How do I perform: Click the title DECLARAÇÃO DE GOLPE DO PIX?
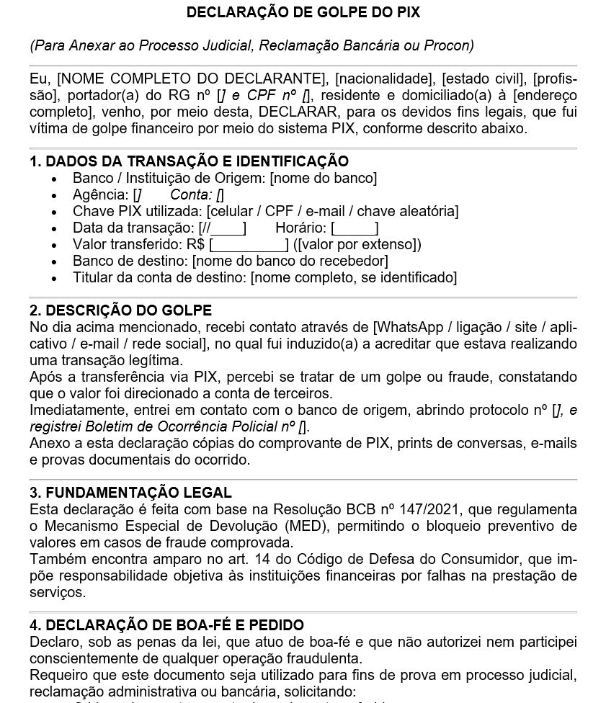point(303,12)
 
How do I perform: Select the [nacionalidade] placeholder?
point(385,79)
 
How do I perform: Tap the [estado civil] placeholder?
point(484,79)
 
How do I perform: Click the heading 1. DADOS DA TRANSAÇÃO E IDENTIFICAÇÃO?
point(189,161)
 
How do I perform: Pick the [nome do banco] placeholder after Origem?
point(323,178)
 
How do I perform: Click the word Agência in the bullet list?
point(100,194)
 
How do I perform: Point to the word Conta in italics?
point(191,194)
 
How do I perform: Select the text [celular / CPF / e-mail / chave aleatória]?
point(332,211)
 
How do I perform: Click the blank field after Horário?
point(355,228)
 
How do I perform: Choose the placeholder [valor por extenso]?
point(357,244)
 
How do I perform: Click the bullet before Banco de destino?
point(54,261)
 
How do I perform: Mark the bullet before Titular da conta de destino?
point(54,278)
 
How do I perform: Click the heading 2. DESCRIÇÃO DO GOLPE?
point(120,310)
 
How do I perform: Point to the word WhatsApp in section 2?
point(408,328)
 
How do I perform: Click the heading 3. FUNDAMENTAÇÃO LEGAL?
point(130,493)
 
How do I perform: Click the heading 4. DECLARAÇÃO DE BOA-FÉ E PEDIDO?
point(166,625)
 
